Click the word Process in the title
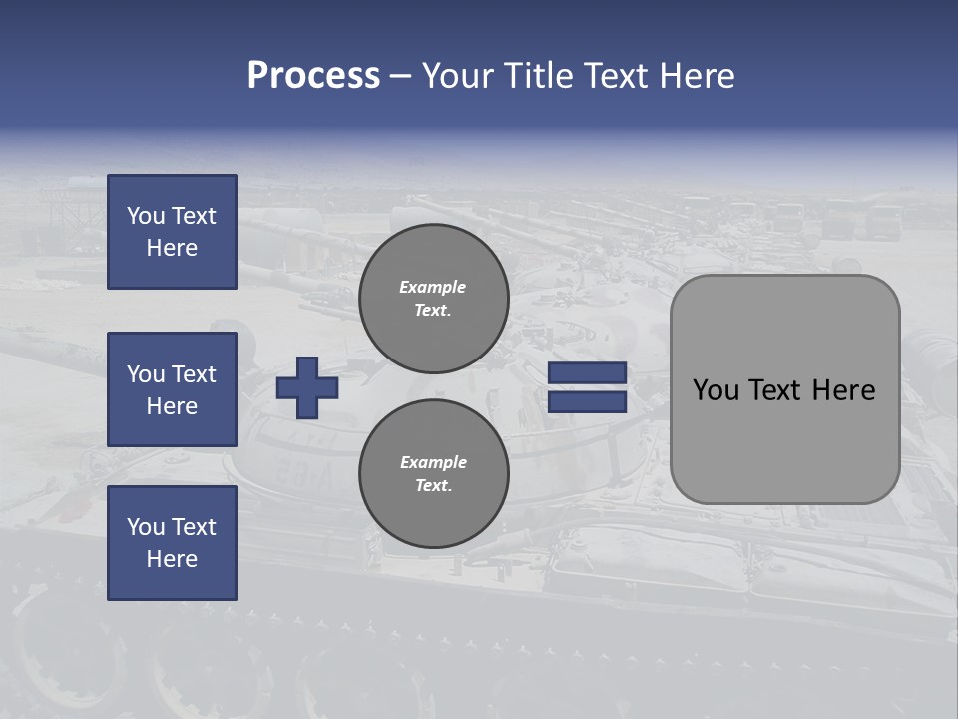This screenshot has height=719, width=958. (313, 76)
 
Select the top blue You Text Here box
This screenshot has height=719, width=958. (172, 232)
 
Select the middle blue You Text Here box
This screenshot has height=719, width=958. (172, 389)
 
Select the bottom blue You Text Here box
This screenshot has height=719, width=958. (172, 543)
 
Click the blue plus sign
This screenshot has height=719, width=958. (307, 387)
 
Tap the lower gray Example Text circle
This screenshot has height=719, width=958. (434, 474)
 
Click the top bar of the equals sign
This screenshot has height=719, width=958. (587, 373)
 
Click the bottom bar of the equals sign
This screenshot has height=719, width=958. (587, 402)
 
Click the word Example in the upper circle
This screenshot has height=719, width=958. (433, 287)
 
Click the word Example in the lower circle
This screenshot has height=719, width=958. (433, 462)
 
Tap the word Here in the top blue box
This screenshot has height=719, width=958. (172, 248)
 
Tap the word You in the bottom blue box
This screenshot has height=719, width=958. (145, 527)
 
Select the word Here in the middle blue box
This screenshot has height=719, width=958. (172, 406)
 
